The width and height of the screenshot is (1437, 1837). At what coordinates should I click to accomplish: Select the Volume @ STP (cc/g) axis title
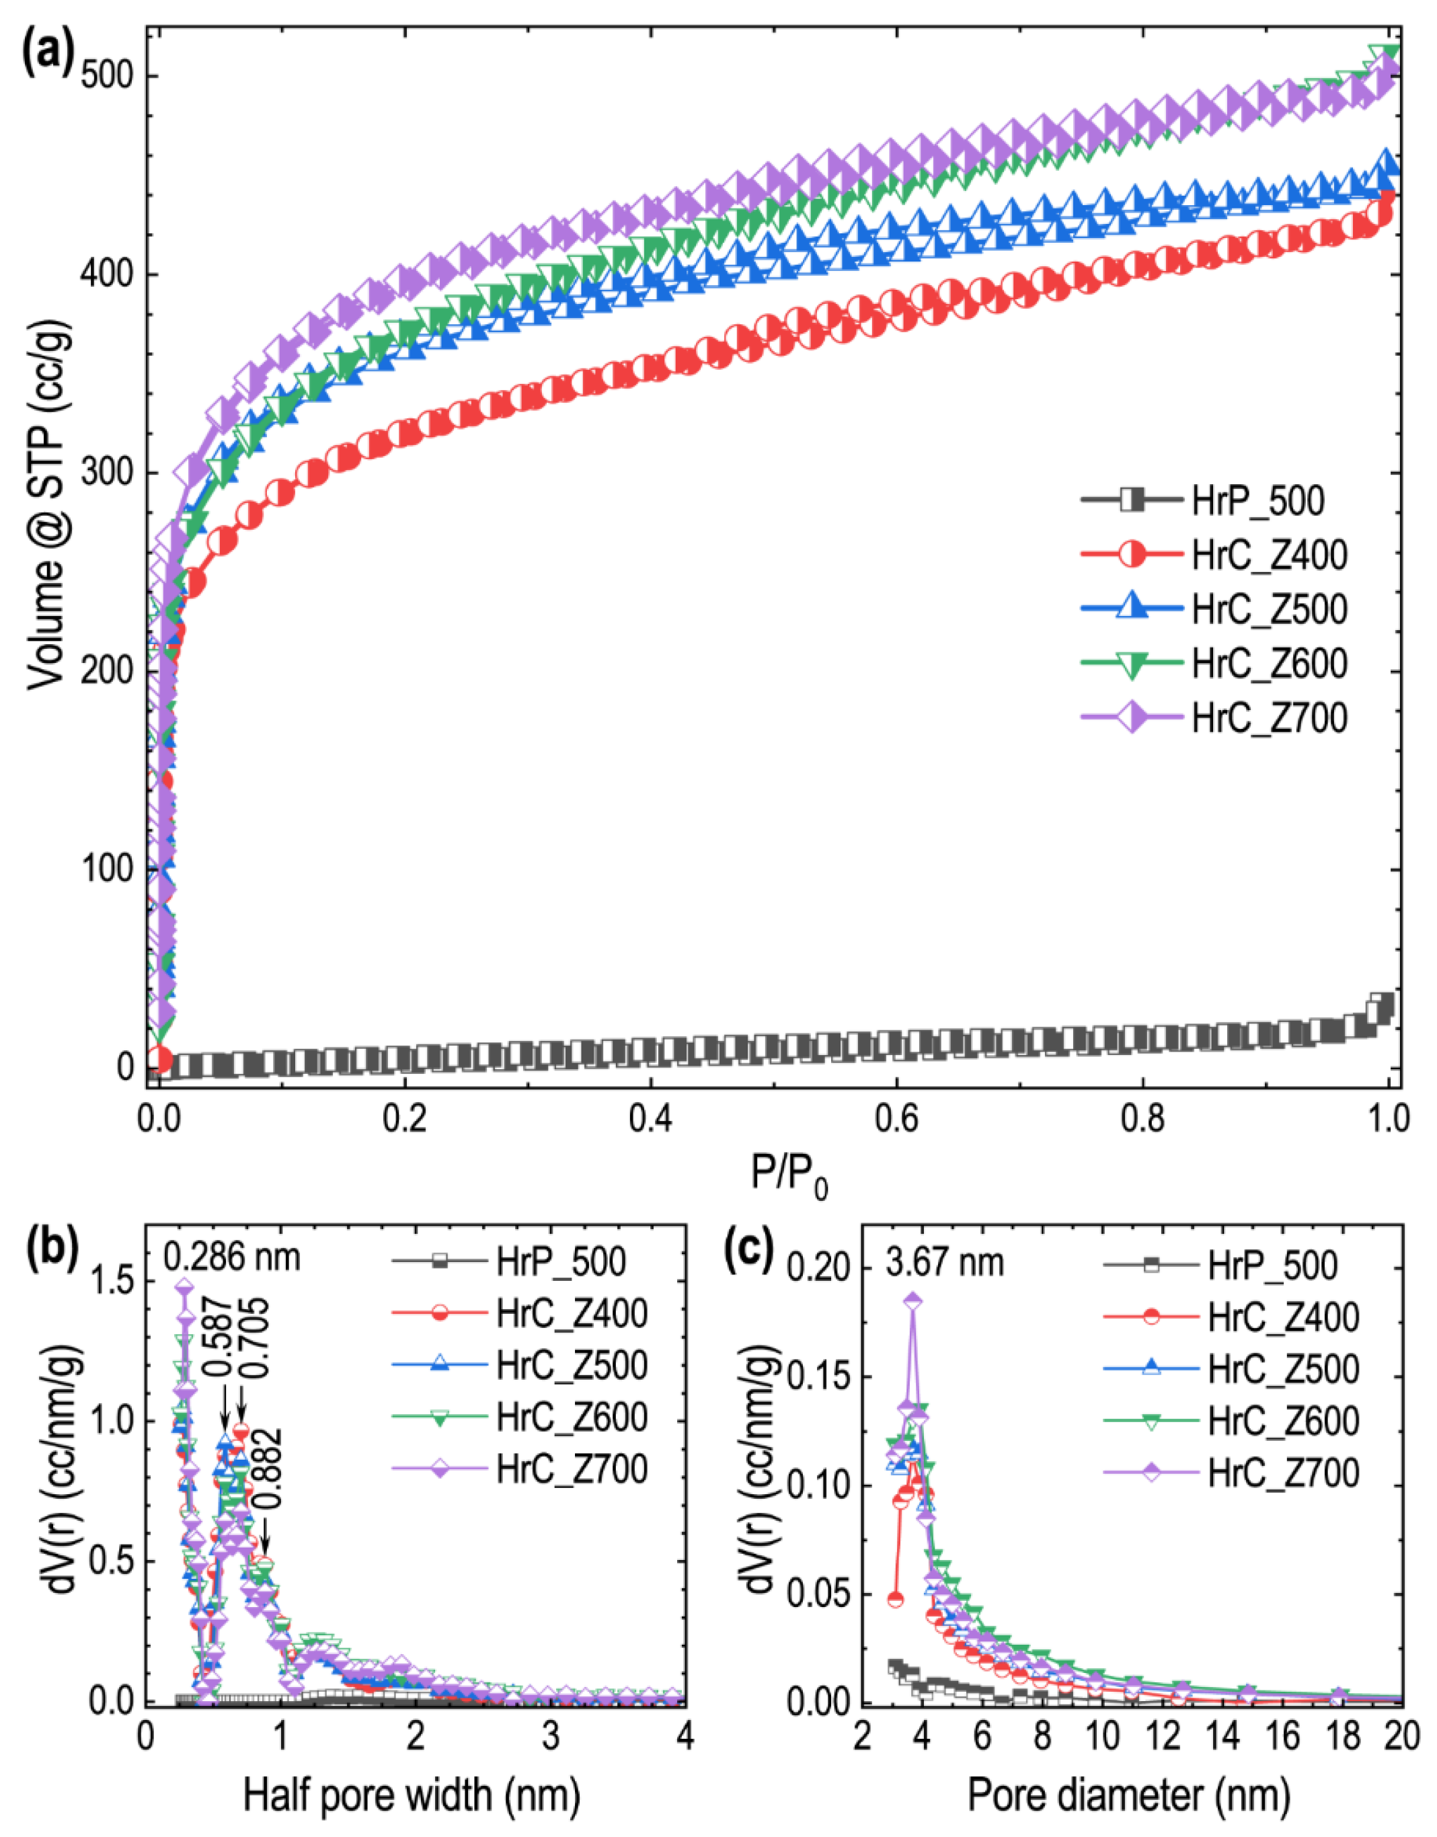click(x=47, y=505)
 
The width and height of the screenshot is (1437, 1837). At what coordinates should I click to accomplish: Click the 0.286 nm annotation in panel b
click(x=231, y=1257)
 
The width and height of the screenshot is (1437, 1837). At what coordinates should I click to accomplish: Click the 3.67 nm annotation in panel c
click(x=944, y=1263)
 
